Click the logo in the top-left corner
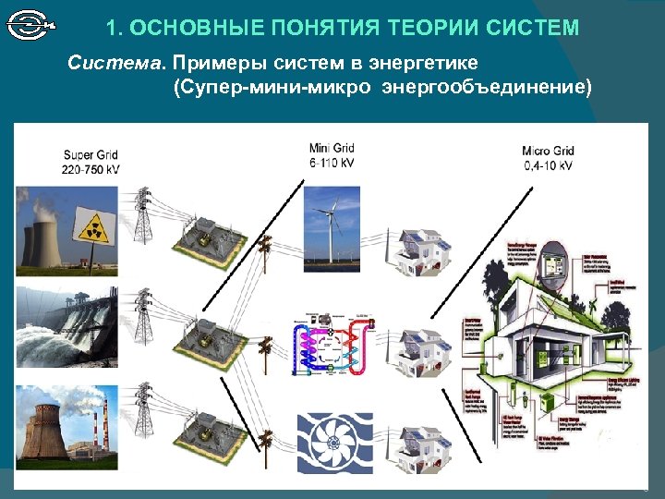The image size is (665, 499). tap(31, 25)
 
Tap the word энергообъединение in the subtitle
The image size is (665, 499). tap(489, 88)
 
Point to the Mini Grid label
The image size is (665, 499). tap(332, 148)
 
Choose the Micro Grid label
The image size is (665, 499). tap(548, 151)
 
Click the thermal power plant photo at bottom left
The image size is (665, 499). tap(54, 423)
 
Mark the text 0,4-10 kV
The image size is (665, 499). tap(548, 166)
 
